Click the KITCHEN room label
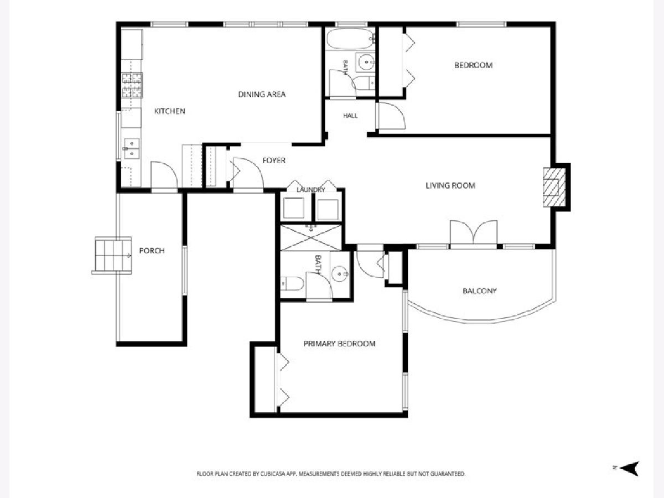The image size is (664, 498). pyautogui.click(x=169, y=111)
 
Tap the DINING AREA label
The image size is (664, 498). pyautogui.click(x=262, y=94)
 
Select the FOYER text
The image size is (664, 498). pyautogui.click(x=274, y=160)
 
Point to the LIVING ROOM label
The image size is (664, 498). pyautogui.click(x=450, y=185)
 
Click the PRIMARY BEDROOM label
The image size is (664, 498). pyautogui.click(x=339, y=344)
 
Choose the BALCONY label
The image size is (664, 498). pyautogui.click(x=480, y=291)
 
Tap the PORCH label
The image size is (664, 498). pyautogui.click(x=152, y=251)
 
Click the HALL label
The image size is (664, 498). pyautogui.click(x=350, y=116)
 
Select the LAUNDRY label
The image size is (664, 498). pyautogui.click(x=310, y=190)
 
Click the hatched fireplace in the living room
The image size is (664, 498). pyautogui.click(x=554, y=187)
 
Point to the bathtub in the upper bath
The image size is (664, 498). pyautogui.click(x=350, y=39)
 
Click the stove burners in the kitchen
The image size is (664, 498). pyautogui.click(x=132, y=86)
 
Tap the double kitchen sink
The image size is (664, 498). pyautogui.click(x=132, y=148)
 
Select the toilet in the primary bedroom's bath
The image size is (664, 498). pyautogui.click(x=292, y=284)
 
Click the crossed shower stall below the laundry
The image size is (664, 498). pyautogui.click(x=310, y=238)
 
